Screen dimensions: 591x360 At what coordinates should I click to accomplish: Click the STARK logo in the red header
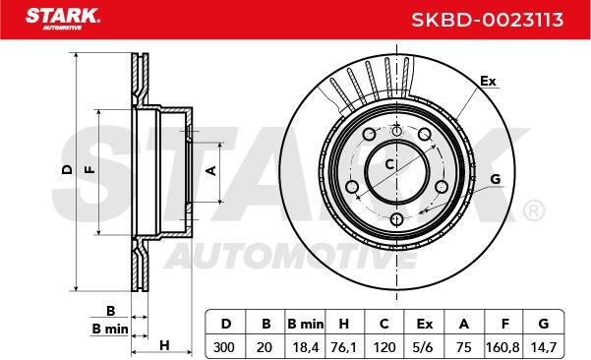coord(63,19)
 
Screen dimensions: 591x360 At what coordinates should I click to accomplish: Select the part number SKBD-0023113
coord(488,20)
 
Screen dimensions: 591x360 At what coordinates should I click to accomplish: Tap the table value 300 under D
coord(224,347)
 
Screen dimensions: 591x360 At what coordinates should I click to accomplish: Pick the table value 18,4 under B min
coord(306,347)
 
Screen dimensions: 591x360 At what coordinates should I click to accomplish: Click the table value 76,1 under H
coord(343,347)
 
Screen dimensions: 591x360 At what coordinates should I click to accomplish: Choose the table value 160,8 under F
coord(502,347)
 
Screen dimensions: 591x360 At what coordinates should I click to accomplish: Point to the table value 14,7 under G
coord(543,347)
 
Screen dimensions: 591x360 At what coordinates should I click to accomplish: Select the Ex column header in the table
coord(425,324)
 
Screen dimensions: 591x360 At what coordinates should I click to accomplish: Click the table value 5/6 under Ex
coord(423,347)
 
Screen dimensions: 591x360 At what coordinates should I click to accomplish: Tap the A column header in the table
coord(464,324)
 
